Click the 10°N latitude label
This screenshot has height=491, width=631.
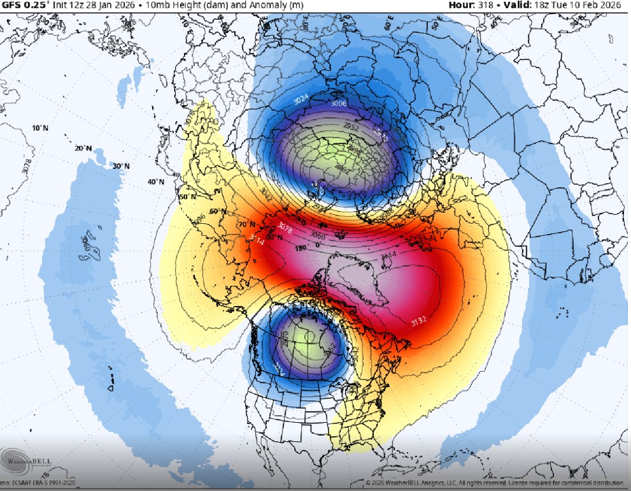tap(40, 128)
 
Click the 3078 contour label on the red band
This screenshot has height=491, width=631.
tap(285, 226)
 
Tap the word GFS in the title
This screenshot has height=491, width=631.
tap(10, 6)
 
